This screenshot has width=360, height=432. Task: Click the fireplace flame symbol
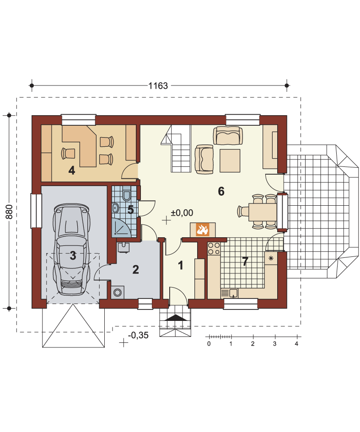pos(203,229)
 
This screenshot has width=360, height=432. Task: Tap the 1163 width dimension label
pos(158,86)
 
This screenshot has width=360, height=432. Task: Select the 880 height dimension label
pos(9,212)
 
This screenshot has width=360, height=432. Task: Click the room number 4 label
pos(72,171)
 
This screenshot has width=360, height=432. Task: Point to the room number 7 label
pos(245,261)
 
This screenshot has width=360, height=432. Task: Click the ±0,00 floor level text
pos(182,213)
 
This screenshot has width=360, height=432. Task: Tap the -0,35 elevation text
pos(138,335)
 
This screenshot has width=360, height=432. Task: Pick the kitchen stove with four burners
pos(214,248)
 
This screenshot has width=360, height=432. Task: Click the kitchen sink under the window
pos(229,293)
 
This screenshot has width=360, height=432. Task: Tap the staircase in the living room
pos(177,149)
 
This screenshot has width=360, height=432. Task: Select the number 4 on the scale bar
pos(296,344)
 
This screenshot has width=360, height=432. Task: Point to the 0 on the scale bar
pos(209,344)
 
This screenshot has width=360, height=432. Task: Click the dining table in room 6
pos(263,212)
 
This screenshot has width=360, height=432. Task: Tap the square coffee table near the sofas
pos(230,160)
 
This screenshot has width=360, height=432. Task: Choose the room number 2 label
pos(135,270)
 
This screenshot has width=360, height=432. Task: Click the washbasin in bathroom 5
pos(115,208)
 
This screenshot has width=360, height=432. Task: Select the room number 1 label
pos(181,265)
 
